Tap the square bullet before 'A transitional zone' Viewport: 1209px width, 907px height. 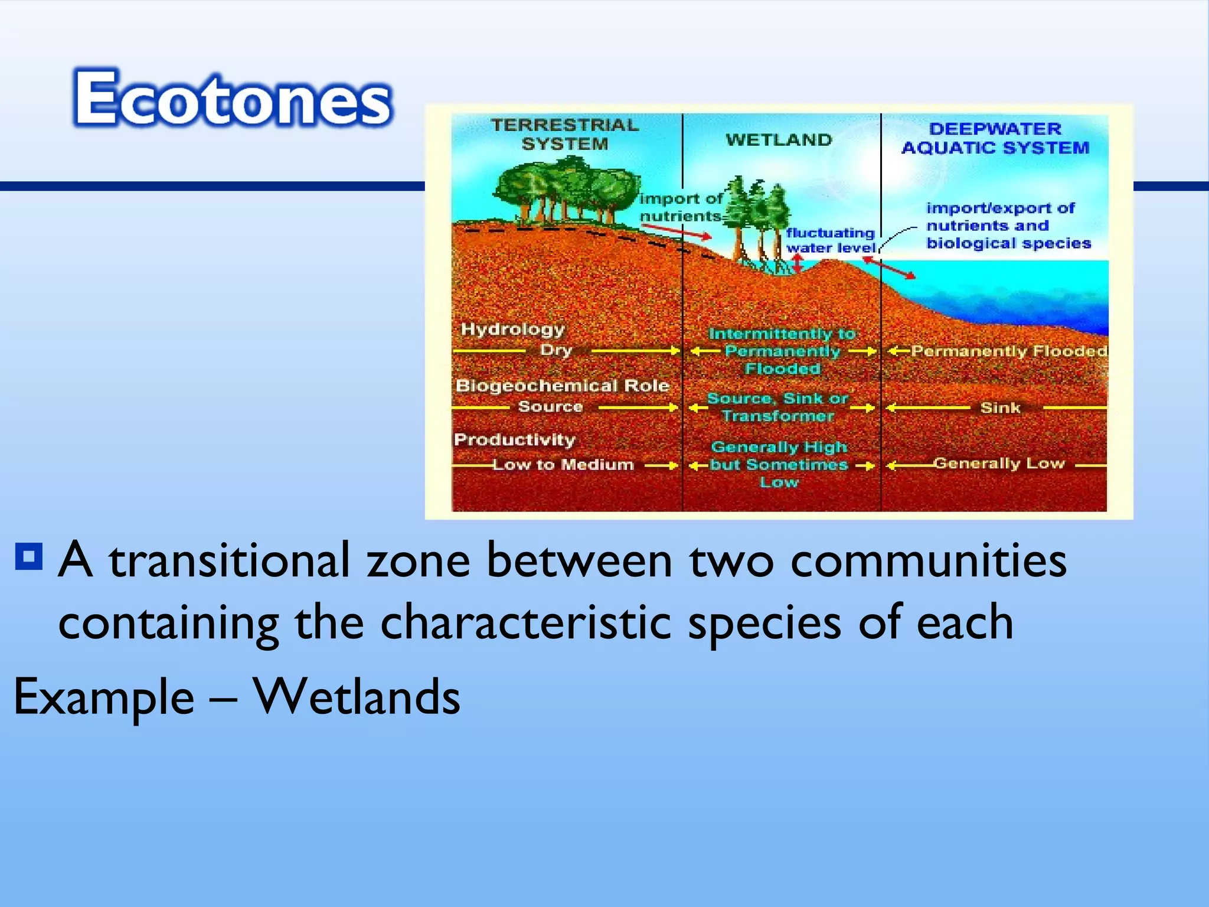[29, 556]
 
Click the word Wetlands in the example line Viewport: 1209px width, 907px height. [357, 697]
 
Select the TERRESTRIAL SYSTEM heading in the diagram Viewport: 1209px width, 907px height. [565, 135]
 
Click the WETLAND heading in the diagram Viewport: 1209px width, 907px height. [779, 140]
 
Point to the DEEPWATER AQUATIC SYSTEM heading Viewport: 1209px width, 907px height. [995, 138]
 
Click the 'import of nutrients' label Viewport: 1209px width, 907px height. [681, 207]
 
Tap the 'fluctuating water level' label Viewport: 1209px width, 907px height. [830, 240]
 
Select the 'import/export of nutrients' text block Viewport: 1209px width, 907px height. [1008, 226]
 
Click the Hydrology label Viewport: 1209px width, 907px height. [512, 329]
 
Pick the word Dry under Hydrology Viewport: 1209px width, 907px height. [556, 350]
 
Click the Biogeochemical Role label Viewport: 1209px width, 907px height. [562, 386]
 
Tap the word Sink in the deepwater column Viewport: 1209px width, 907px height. [1000, 407]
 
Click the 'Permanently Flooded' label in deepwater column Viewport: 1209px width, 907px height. [1008, 351]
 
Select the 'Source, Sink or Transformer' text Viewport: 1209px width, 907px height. [778, 407]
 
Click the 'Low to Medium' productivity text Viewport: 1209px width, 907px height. [563, 465]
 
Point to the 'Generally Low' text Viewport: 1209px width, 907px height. [999, 464]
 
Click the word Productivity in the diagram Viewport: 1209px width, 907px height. [514, 439]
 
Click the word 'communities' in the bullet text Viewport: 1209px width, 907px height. [928, 561]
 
